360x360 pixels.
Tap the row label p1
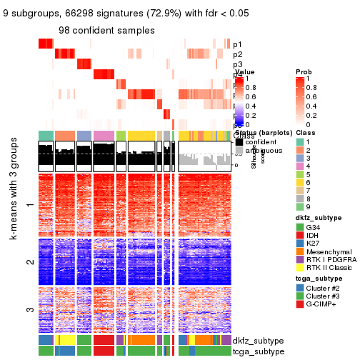(x=237, y=44)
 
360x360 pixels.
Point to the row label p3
(x=237, y=64)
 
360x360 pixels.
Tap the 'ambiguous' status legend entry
(x=261, y=151)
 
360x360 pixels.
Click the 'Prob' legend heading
(x=304, y=72)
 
